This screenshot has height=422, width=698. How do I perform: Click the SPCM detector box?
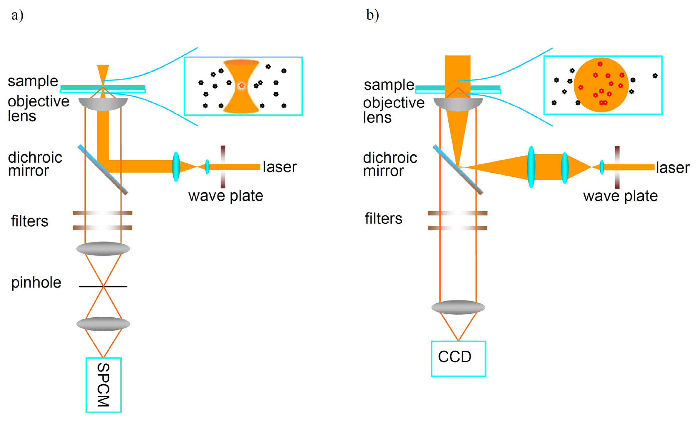pyautogui.click(x=104, y=385)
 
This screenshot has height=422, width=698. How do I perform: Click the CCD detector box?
pyautogui.click(x=458, y=358)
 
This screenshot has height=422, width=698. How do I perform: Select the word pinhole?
pyautogui.click(x=36, y=283)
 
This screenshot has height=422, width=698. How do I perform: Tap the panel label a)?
pyautogui.click(x=17, y=15)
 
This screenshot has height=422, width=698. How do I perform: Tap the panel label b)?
pyautogui.click(x=372, y=15)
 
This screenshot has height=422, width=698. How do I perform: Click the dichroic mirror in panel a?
pyautogui.click(x=103, y=170)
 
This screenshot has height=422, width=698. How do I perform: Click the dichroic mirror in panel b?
pyautogui.click(x=458, y=170)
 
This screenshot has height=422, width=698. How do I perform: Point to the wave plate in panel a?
pyautogui.click(x=223, y=167)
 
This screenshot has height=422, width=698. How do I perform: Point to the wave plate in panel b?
pyautogui.click(x=617, y=167)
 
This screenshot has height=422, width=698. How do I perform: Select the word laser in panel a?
pyautogui.click(x=280, y=167)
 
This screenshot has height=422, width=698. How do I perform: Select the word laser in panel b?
pyautogui.click(x=673, y=168)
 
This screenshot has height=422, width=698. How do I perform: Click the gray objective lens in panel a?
pyautogui.click(x=103, y=104)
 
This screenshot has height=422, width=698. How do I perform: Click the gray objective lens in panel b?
pyautogui.click(x=458, y=105)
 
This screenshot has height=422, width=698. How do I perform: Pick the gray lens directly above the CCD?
pyautogui.click(x=458, y=307)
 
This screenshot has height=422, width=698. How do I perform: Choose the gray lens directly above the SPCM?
pyautogui.click(x=103, y=324)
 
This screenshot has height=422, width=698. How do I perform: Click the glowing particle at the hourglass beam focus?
pyautogui.click(x=241, y=85)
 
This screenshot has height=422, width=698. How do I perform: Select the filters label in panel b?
pyautogui.click(x=384, y=219)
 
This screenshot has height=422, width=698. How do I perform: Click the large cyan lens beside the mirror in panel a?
pyautogui.click(x=176, y=167)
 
